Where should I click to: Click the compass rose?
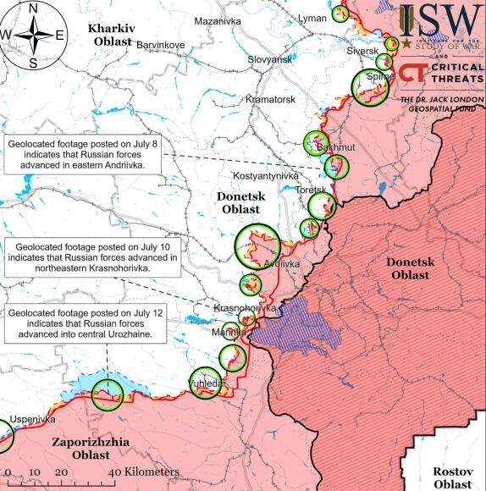[33, 34]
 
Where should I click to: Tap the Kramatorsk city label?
[271, 100]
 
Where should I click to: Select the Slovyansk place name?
[269, 59]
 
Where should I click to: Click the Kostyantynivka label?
[267, 175]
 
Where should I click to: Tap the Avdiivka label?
[282, 263]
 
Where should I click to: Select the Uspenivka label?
[32, 419]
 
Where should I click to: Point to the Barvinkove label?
[160, 44]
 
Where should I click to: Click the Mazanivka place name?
[218, 20]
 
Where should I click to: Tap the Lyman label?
[312, 18]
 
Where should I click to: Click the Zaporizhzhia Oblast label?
[80, 448]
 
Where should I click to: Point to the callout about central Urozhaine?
[85, 323]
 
